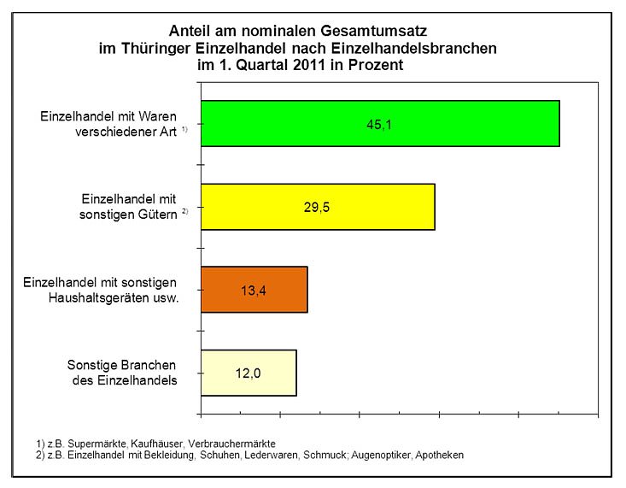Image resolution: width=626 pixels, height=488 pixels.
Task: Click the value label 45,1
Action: pyautogui.click(x=380, y=124)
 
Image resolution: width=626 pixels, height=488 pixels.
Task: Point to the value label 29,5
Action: pyautogui.click(x=317, y=207)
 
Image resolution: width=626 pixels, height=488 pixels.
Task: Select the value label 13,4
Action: pyautogui.click(x=253, y=290)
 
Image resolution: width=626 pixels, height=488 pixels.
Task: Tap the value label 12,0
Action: pyautogui.click(x=248, y=373)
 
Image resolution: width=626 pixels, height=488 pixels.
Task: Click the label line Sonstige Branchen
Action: pyautogui.click(x=122, y=365)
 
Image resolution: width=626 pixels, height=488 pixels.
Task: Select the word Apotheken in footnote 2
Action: pyautogui.click(x=438, y=456)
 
